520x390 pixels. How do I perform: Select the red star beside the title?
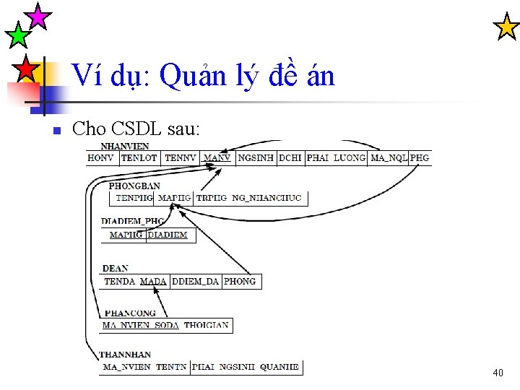tap(25, 69)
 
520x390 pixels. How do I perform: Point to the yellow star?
tap(506, 27)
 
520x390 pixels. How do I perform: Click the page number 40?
tap(498, 373)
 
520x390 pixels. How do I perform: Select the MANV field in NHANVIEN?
tap(217, 157)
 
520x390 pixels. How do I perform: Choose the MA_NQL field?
tap(389, 157)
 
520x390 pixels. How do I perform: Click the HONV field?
tap(101, 157)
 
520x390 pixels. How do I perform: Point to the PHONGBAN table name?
tap(134, 186)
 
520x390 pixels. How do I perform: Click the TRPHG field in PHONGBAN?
tap(211, 197)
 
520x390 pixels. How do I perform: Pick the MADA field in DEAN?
tap(153, 281)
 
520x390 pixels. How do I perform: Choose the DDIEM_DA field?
tap(195, 281)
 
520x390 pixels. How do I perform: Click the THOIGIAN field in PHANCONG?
tap(206, 325)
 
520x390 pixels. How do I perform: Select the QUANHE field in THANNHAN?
tap(279, 367)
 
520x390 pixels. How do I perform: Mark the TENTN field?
tap(171, 367)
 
